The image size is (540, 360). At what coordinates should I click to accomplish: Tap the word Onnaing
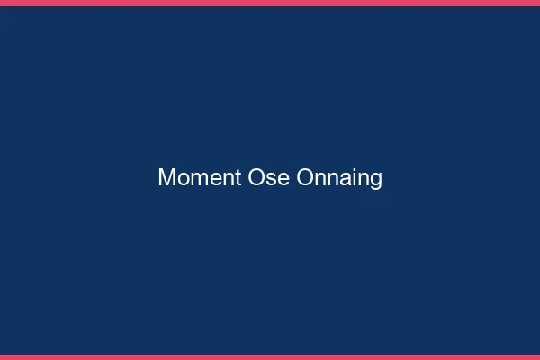[x=339, y=178]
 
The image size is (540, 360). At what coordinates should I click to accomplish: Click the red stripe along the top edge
[x=270, y=3]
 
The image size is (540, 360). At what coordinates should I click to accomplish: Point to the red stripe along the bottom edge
[x=270, y=356]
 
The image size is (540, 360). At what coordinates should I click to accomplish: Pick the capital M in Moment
[x=166, y=178]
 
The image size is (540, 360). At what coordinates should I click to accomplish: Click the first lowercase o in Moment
[x=180, y=179]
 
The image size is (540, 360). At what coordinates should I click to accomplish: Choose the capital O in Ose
[x=256, y=178]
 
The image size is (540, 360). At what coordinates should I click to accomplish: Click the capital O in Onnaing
[x=305, y=178]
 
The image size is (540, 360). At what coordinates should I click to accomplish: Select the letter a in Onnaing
[x=344, y=179]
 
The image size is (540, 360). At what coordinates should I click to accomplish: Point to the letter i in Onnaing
[x=353, y=178]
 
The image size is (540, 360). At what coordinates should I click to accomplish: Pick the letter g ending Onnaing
[x=375, y=181]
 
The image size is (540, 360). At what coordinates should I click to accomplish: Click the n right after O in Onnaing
[x=319, y=179]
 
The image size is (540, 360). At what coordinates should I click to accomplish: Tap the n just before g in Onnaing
[x=363, y=179]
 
